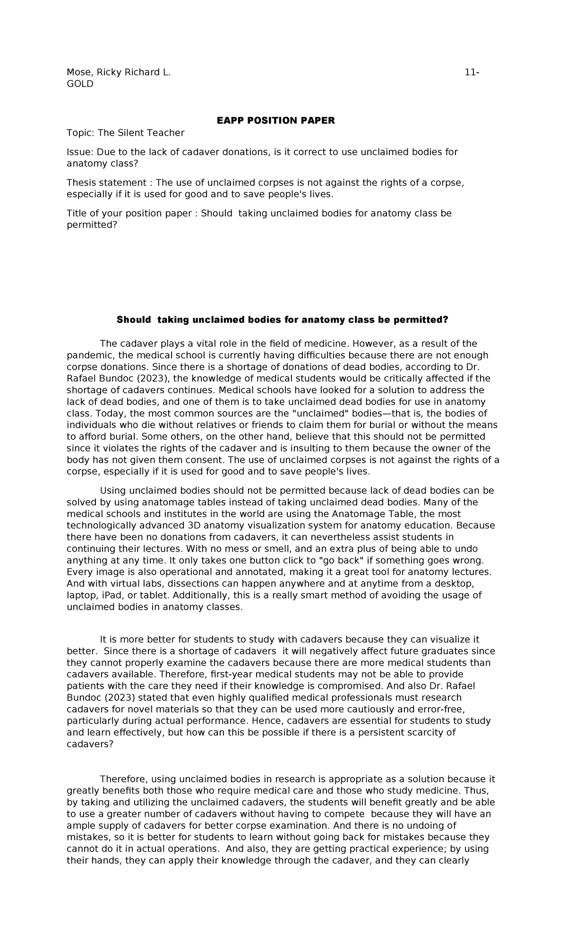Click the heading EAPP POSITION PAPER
point(275,121)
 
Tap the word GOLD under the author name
point(80,84)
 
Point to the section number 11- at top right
point(471,72)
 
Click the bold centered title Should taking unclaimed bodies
point(282,320)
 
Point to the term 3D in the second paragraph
point(195,525)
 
